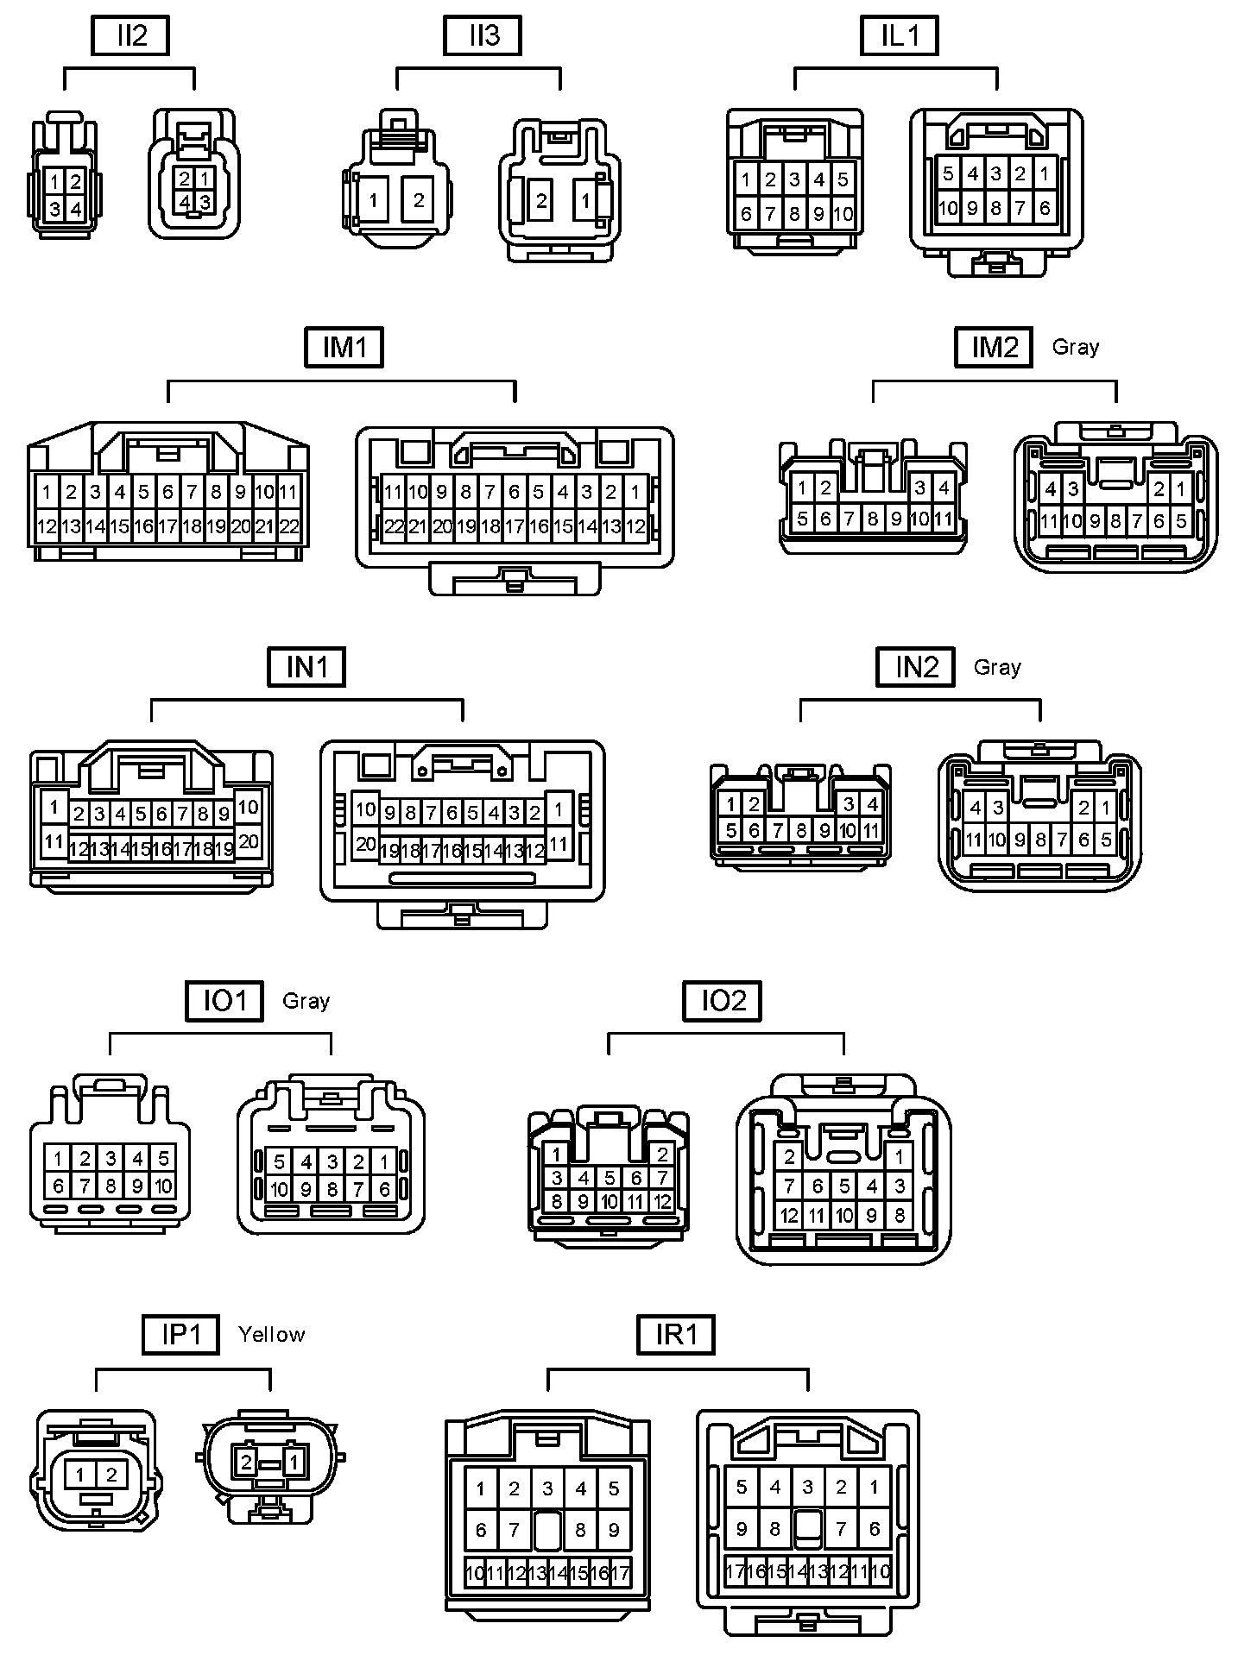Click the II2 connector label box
pos(130,36)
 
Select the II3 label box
pos(483,36)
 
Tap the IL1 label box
pos(900,36)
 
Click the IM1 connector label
pos(344,348)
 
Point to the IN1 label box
pos(306,668)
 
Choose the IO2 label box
pos(723,1001)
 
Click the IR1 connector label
pos(676,1335)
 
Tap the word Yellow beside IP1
pos(271,1335)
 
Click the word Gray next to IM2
pos(1075,347)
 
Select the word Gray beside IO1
pos(306,1001)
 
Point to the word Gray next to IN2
pos(997,667)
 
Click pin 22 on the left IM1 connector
pos(289,526)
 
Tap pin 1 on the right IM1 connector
pos(635,493)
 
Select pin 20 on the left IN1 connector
pos(248,841)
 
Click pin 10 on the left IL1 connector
pos(843,214)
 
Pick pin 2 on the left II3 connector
pos(419,201)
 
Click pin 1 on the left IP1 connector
pos(79,1475)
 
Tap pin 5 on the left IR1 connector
pos(614,1488)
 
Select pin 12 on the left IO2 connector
pos(662,1201)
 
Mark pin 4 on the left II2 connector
pos(76,209)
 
